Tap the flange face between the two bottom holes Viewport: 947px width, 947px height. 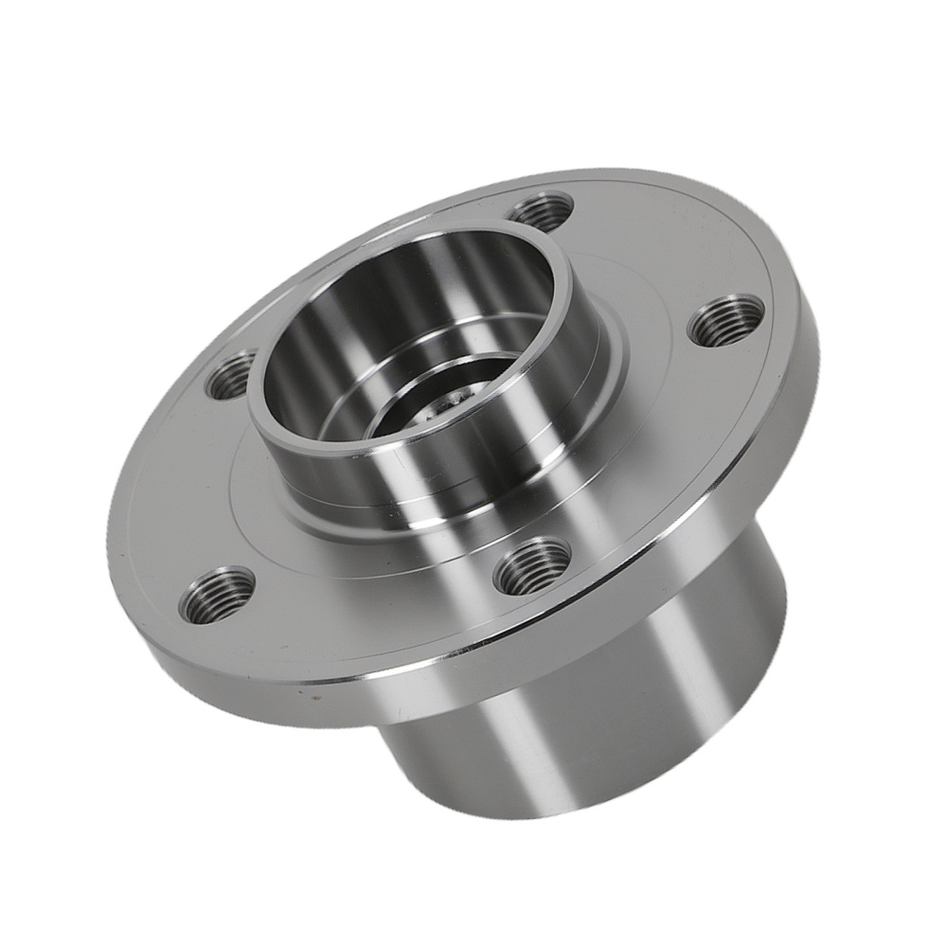pyautogui.click(x=379, y=606)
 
